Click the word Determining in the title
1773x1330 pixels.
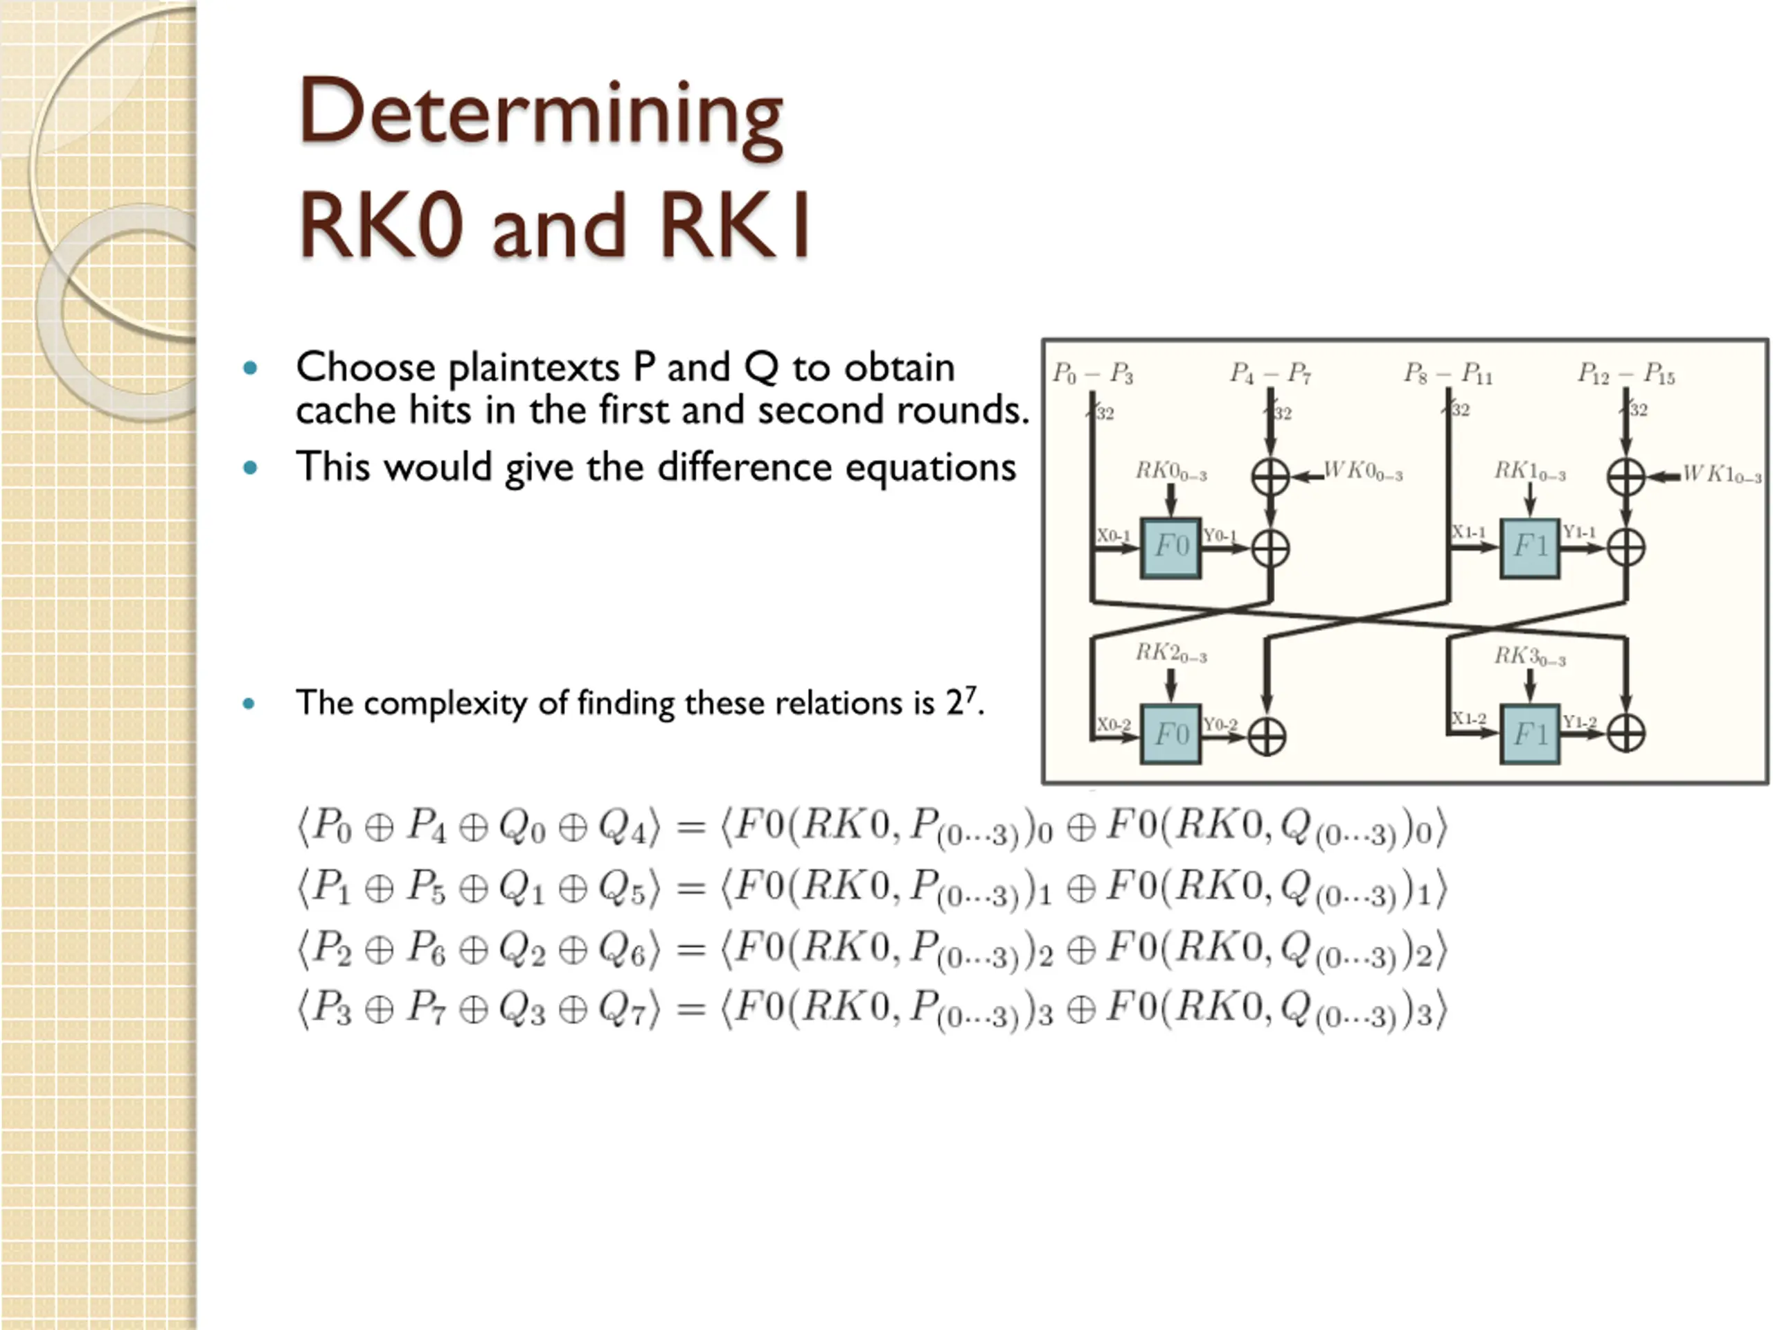(541, 114)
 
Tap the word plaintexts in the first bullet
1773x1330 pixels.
(534, 368)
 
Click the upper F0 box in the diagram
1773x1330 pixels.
(1170, 547)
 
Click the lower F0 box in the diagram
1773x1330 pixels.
(1170, 734)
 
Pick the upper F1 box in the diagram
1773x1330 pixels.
(1529, 547)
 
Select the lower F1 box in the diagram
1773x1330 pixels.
(1529, 734)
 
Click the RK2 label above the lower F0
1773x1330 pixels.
(1170, 653)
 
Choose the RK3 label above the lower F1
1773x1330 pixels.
(1529, 657)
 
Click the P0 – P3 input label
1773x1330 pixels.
(1092, 373)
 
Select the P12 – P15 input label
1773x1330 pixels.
(1626, 373)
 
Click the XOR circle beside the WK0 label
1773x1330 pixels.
(1270, 477)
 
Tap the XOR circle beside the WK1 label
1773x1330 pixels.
(1626, 477)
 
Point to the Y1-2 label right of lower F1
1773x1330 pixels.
(1579, 722)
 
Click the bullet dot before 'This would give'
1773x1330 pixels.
(250, 468)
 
